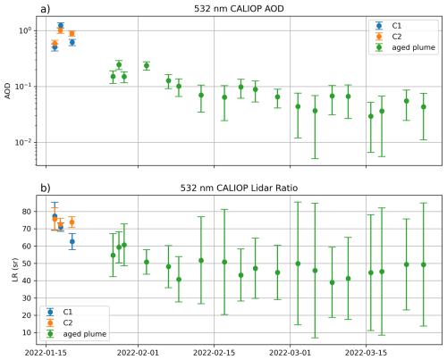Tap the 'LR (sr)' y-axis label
(x=8, y=270)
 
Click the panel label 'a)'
(x=10, y=8)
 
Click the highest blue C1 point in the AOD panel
(x=60, y=26)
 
